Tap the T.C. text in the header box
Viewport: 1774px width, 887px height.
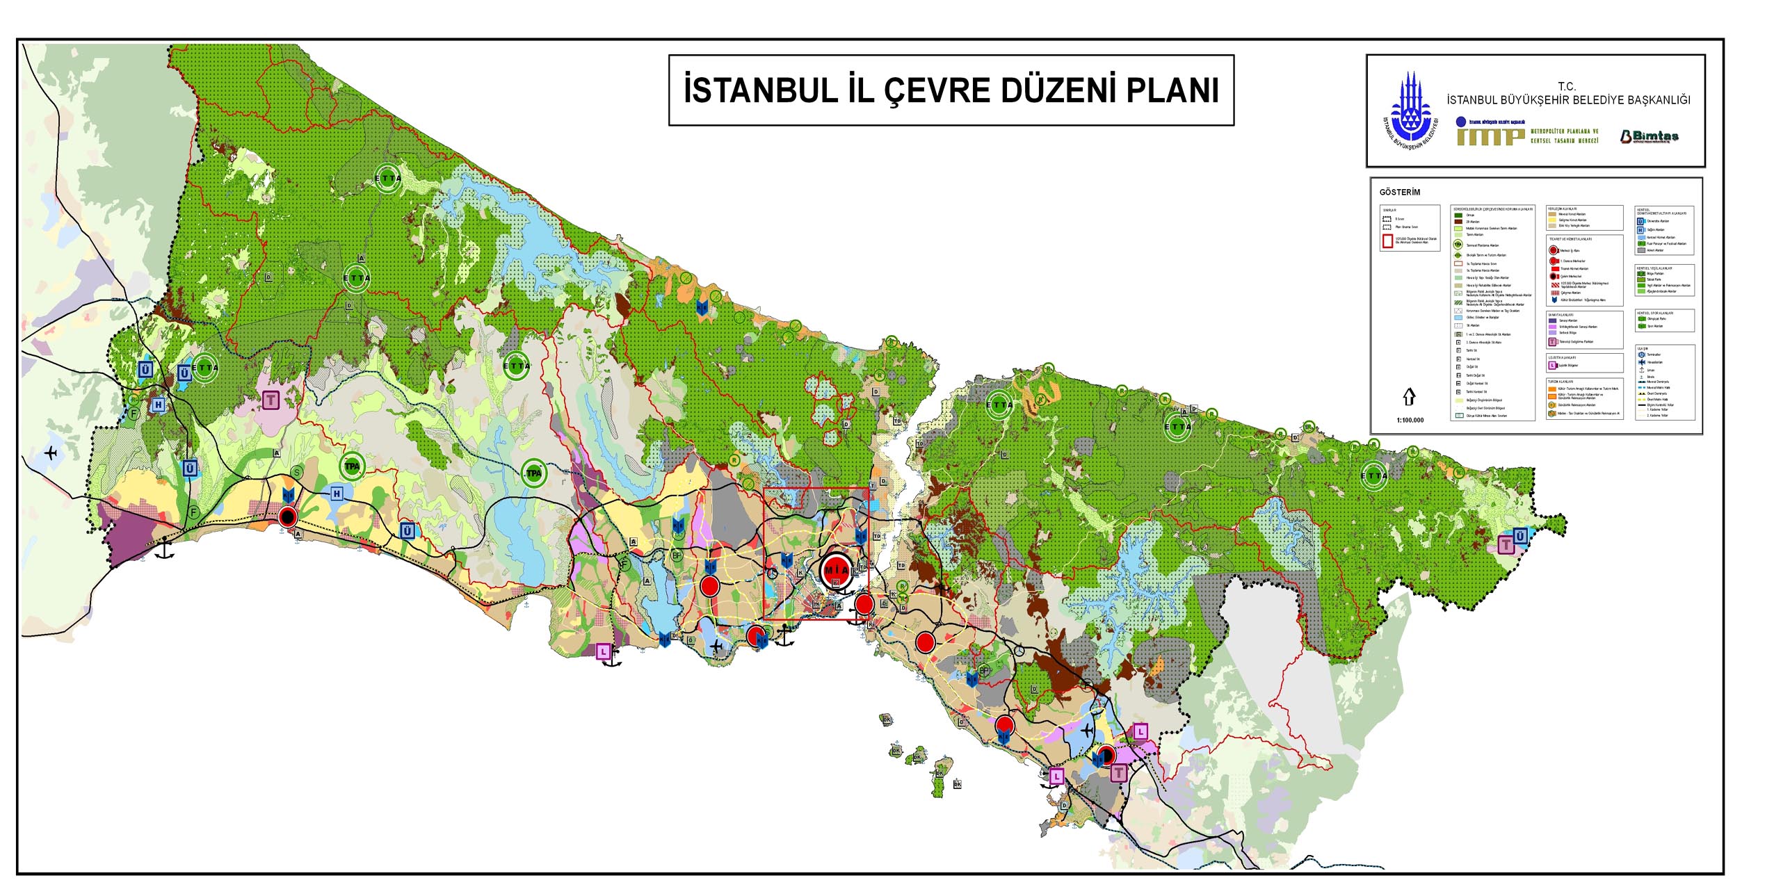pos(1566,86)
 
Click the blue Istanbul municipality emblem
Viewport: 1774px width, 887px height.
pos(1410,111)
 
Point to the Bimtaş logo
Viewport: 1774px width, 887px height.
pos(1649,136)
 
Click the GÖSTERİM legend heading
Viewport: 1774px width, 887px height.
pos(1399,193)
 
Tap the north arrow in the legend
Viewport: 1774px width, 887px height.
pos(1409,396)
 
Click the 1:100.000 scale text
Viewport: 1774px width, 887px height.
pos(1410,420)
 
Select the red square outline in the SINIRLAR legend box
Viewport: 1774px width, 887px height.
pos(1387,241)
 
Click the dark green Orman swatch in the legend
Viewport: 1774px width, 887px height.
pos(1458,215)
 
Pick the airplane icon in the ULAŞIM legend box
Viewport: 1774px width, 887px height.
pos(1641,362)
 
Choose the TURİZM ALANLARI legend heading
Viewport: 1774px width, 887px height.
pos(1561,382)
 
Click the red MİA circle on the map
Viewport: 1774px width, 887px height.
pos(836,570)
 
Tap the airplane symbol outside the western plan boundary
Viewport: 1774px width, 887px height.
pos(51,453)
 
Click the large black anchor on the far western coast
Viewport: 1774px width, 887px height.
pos(164,549)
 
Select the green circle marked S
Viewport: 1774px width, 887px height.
pos(297,473)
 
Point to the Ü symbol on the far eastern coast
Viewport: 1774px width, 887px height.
pos(1520,536)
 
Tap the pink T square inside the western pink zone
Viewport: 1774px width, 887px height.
pos(271,400)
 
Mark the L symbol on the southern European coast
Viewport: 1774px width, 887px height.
pos(604,651)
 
